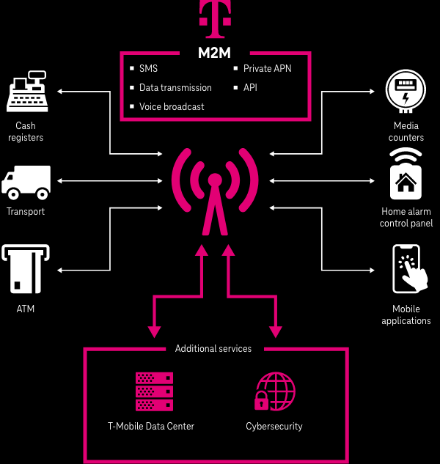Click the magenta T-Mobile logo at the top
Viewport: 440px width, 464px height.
[x=214, y=20]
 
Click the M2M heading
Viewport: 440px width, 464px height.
[x=214, y=53]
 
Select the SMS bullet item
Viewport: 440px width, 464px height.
[x=148, y=69]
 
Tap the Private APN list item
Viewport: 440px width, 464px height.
[x=267, y=69]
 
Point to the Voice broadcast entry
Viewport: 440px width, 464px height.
[x=172, y=106]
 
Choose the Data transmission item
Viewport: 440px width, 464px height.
[x=175, y=88]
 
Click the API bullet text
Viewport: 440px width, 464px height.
[x=250, y=88]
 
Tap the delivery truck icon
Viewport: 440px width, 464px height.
[x=26, y=183]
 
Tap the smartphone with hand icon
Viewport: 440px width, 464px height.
[x=406, y=270]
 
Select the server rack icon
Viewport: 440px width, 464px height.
[x=154, y=391]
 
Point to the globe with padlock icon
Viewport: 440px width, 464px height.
[x=274, y=391]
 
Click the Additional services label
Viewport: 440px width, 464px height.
[x=213, y=349]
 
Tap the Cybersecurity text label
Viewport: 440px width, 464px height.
[x=274, y=427]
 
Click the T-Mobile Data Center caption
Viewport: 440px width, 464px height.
[x=151, y=427]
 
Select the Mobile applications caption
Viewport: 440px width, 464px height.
[x=406, y=315]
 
